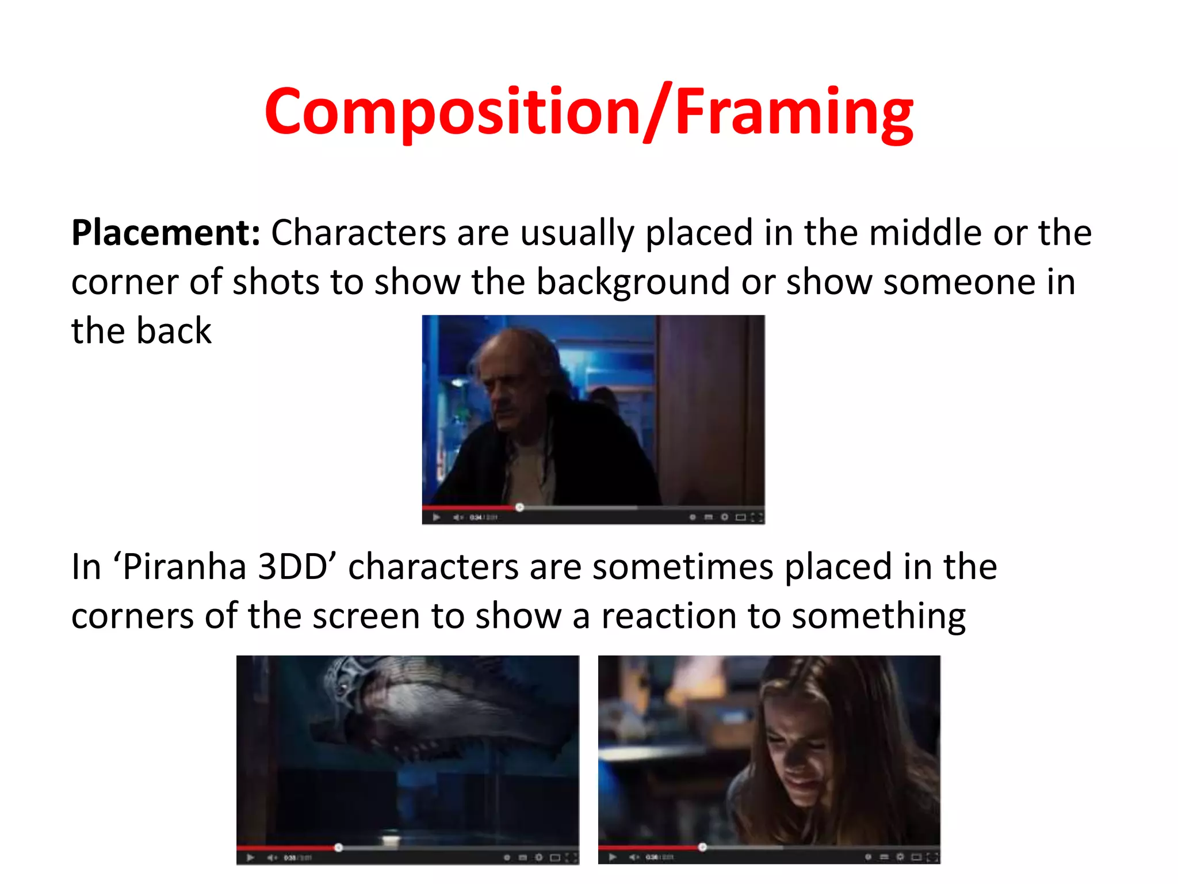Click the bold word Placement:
166,233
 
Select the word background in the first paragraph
633,283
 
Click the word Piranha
185,567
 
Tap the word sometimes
683,567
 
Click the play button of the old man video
437,517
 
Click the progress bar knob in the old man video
519,507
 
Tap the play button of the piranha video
250,858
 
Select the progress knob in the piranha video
338,847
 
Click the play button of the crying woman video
613,858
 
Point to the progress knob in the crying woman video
702,847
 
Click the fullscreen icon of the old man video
757,517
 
